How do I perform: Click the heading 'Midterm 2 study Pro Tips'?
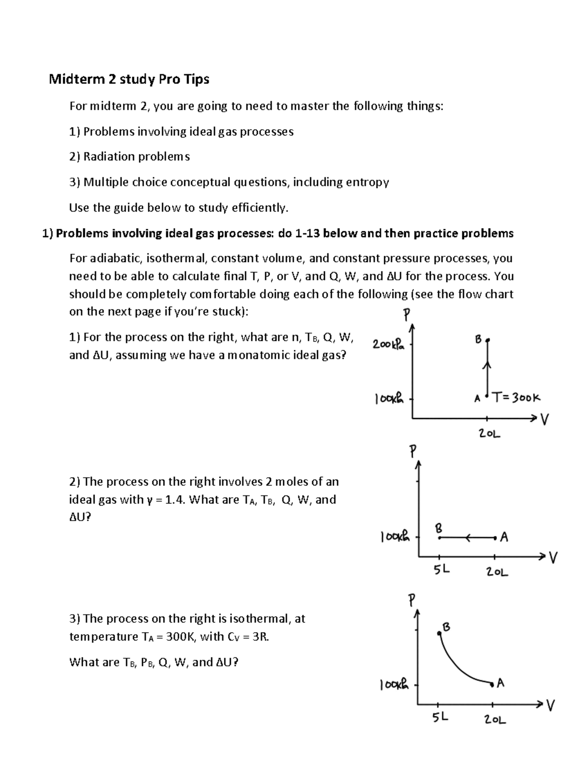(129, 79)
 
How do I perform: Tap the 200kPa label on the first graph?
(389, 344)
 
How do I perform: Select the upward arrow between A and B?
(487, 365)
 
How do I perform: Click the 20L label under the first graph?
(489, 434)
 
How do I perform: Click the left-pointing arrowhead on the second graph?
(469, 538)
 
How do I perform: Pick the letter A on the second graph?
(504, 538)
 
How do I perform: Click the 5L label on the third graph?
(440, 717)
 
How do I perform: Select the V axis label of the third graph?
(551, 706)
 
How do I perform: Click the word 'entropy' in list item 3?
(367, 182)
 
